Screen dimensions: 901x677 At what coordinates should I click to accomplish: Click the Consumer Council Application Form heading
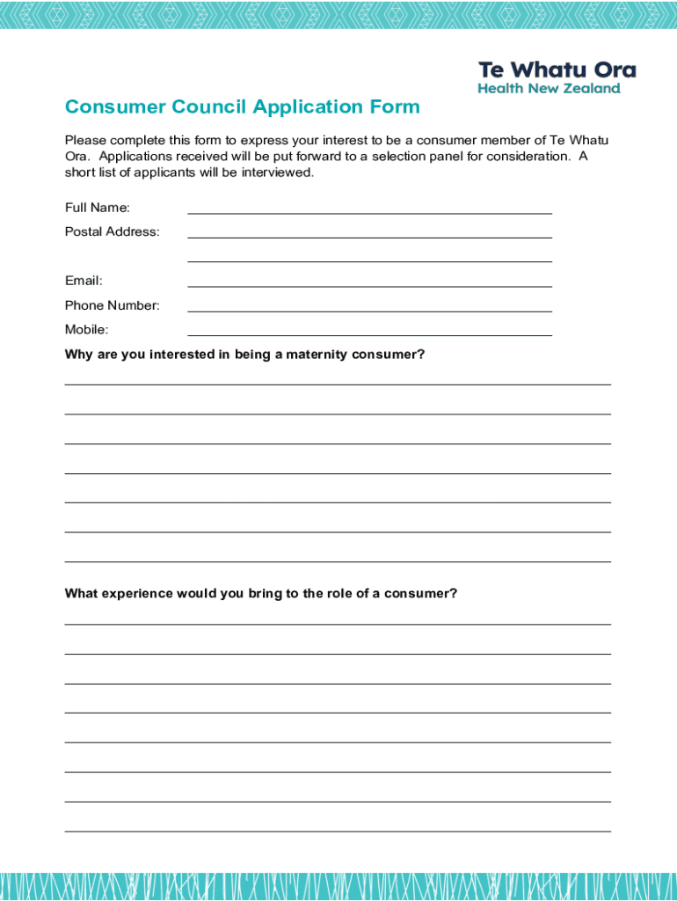coord(242,107)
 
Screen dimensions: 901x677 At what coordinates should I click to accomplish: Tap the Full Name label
coord(98,208)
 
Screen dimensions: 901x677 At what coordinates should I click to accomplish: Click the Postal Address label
coord(113,232)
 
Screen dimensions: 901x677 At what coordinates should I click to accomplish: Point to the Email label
coord(84,281)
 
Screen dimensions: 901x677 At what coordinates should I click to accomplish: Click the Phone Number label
coord(113,305)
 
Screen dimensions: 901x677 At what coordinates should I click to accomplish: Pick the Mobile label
coord(87,330)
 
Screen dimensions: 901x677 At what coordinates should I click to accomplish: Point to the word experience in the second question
coord(137,594)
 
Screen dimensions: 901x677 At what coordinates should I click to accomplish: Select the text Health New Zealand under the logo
coord(549,89)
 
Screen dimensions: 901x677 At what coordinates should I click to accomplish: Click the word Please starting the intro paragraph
coord(85,141)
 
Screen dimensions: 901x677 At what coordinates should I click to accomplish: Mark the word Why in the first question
coord(77,355)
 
